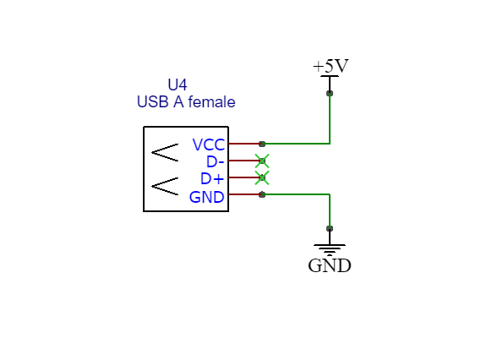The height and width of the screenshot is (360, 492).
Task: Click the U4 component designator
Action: (178, 85)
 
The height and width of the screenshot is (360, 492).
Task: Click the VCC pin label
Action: (208, 145)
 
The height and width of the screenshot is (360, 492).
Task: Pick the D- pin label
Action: (215, 161)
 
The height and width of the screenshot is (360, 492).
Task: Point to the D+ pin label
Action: (212, 178)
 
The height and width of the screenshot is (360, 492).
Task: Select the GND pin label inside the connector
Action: (207, 197)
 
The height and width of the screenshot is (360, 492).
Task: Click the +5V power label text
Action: (330, 66)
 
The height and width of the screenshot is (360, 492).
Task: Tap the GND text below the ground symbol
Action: (330, 265)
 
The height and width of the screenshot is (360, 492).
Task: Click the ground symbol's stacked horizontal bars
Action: (330, 248)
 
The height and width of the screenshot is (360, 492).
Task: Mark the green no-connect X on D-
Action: (262, 161)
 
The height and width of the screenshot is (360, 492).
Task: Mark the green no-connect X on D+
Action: (262, 177)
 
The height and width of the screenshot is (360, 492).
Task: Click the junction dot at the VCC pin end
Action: (262, 144)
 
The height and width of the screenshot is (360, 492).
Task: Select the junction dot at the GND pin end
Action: (262, 194)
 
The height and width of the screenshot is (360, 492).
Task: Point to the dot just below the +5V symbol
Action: (330, 93)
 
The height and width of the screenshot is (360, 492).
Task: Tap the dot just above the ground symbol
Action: (330, 228)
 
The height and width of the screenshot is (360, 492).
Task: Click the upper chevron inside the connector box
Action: (164, 153)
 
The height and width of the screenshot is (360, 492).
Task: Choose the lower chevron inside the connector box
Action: (164, 186)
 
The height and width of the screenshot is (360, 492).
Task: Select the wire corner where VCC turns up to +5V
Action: (330, 144)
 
